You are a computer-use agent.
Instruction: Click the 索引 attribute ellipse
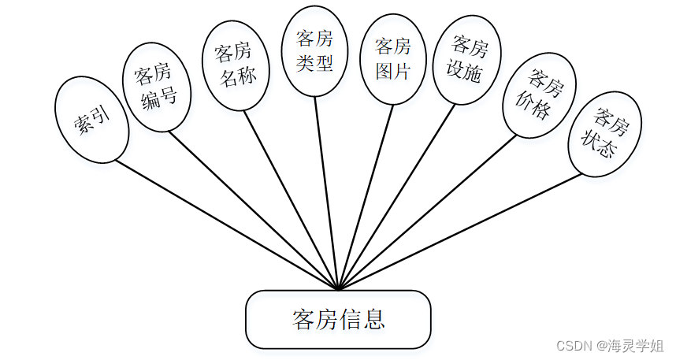(91, 120)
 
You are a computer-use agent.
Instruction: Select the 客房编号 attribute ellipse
(158, 87)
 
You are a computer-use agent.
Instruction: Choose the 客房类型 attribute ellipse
(315, 51)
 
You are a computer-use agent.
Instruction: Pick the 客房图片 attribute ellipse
(393, 60)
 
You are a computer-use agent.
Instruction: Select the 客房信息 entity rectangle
(338, 319)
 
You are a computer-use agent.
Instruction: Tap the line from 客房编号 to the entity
(252, 209)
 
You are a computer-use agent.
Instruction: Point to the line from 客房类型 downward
(326, 193)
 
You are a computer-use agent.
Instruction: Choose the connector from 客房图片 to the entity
(366, 197)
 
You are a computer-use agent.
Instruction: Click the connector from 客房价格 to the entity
(429, 213)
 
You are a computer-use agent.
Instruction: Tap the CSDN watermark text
(608, 346)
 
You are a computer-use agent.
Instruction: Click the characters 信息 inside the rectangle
(362, 319)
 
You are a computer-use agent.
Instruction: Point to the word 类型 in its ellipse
(315, 63)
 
